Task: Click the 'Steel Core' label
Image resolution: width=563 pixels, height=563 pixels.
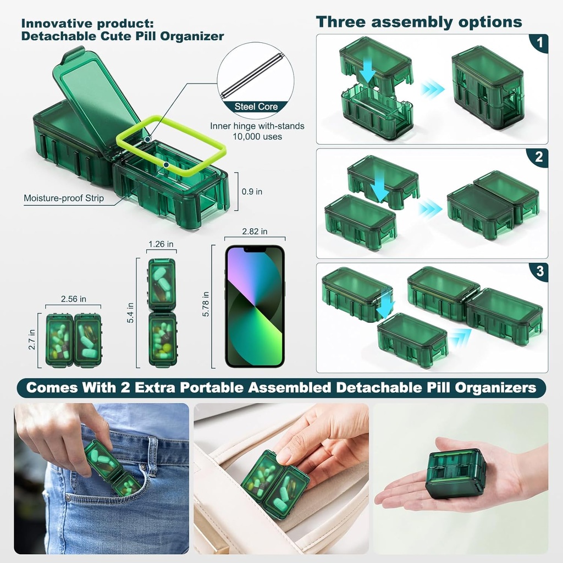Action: pos(256,107)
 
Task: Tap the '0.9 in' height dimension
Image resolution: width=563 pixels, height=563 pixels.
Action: pos(252,192)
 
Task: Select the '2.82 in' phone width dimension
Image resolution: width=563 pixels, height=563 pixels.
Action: pos(255,231)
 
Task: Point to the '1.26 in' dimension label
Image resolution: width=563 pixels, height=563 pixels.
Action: pos(161,244)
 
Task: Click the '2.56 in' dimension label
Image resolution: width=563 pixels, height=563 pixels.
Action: pos(74,299)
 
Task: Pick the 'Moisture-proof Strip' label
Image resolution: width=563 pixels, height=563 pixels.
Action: pos(64,198)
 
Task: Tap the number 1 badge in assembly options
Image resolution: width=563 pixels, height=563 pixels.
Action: pos(540,43)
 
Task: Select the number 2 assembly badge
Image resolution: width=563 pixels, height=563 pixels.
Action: pos(539,157)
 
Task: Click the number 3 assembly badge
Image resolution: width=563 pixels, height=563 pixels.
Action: pos(539,271)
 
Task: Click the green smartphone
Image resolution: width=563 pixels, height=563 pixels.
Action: pos(255,306)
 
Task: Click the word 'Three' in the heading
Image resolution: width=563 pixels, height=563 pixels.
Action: pos(341,22)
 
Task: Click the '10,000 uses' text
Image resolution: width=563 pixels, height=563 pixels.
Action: pos(257,136)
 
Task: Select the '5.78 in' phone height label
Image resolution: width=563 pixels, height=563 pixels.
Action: pos(206,303)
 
